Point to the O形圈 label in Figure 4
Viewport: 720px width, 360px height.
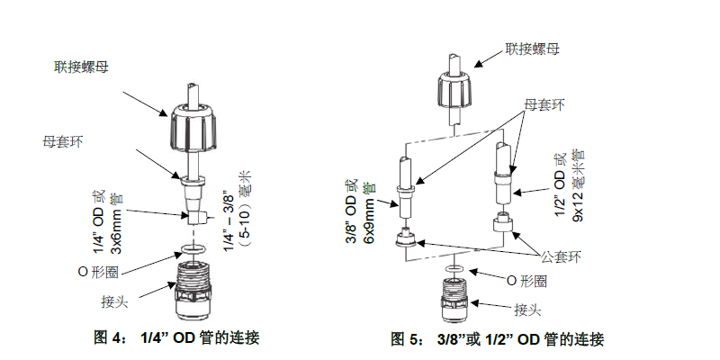(100, 270)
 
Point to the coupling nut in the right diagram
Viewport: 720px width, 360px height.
(454, 89)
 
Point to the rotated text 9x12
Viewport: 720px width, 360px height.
(580, 208)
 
